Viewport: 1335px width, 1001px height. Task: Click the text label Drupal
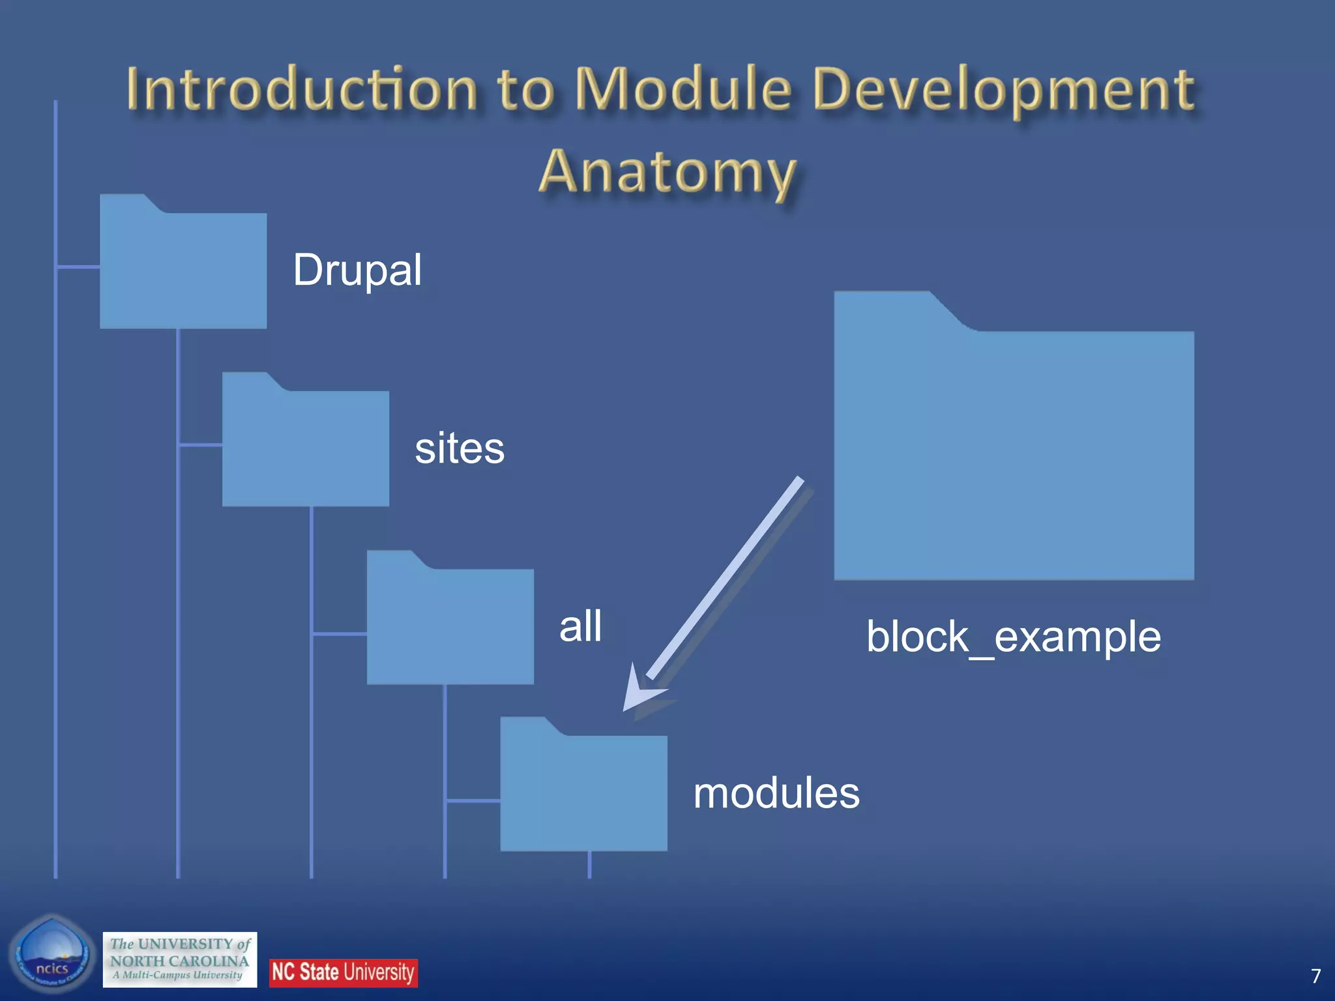(357, 270)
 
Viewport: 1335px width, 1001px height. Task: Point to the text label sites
(460, 448)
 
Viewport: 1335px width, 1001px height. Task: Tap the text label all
(580, 626)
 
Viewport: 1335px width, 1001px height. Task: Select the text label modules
(776, 793)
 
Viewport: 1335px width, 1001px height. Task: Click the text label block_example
(1013, 637)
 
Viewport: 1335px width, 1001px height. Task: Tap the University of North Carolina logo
(179, 959)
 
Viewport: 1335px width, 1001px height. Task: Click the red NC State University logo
(343, 972)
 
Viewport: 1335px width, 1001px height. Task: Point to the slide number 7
(1315, 976)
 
